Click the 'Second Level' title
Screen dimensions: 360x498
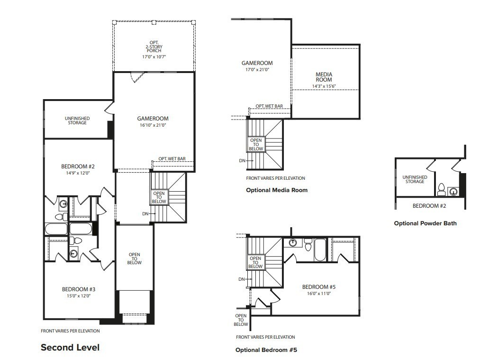tap(70, 348)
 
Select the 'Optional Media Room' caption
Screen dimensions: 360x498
tap(277, 190)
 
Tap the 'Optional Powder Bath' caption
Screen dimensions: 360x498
tap(425, 223)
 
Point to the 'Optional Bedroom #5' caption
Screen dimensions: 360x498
tap(266, 350)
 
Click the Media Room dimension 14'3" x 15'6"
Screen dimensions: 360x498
tap(324, 86)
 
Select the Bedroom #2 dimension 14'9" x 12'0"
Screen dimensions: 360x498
tap(78, 173)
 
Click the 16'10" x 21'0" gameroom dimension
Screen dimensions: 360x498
tap(153, 125)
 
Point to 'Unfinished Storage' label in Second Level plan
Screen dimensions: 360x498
tap(77, 120)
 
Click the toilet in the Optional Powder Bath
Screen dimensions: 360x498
tap(441, 190)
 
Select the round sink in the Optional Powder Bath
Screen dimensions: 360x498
tap(453, 192)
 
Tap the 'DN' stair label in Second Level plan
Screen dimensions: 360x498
tap(145, 214)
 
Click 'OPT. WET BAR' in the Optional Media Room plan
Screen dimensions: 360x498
tap(269, 106)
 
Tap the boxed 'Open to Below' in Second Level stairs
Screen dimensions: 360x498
tap(159, 197)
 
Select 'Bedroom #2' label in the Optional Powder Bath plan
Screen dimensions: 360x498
tap(429, 205)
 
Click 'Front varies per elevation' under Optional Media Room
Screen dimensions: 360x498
tap(275, 178)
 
